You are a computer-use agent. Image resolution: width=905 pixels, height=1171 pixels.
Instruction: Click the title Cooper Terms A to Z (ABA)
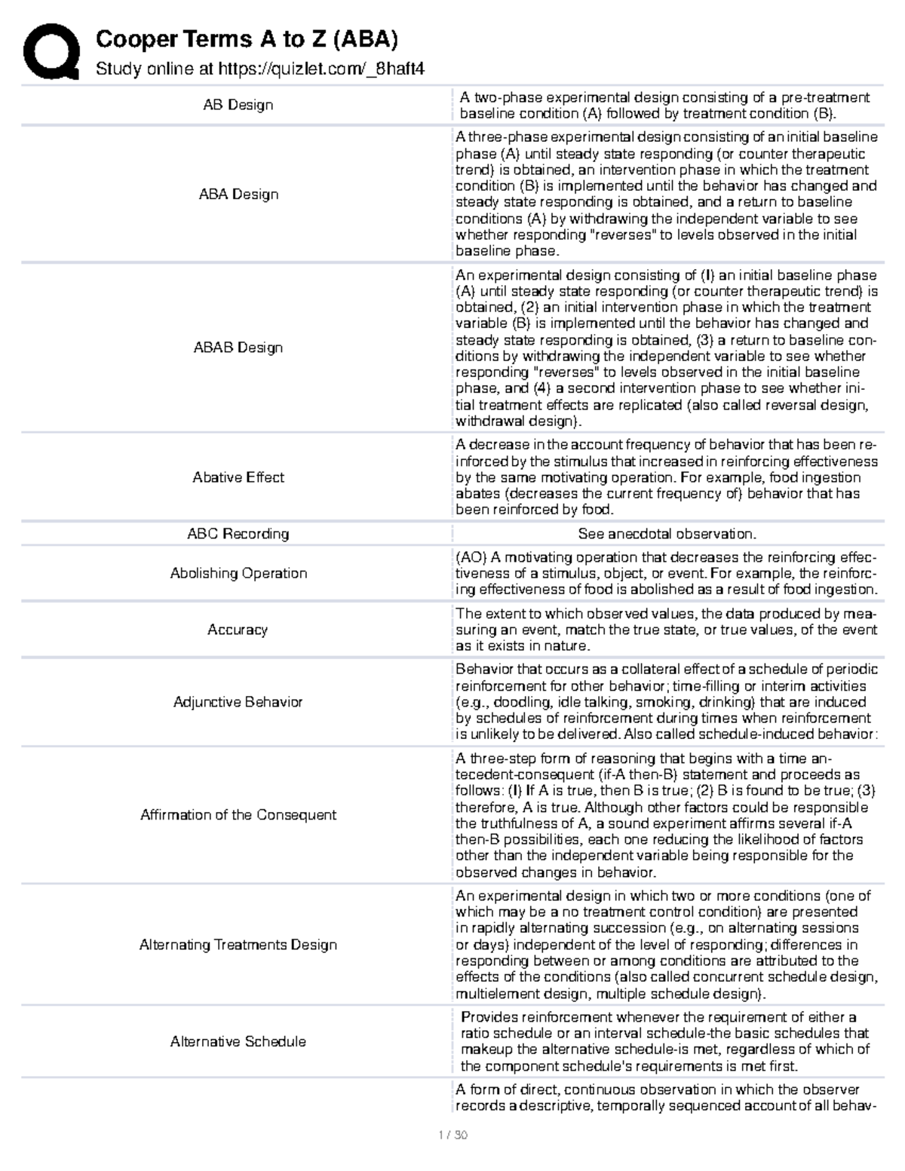coord(247,39)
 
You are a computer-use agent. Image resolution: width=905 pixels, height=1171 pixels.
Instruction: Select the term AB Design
coord(238,105)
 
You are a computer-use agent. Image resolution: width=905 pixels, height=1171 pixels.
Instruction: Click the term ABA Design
coord(238,194)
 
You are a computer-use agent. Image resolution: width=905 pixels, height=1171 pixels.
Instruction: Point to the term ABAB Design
coord(238,348)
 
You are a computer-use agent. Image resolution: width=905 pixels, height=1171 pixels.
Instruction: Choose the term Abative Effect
coord(238,477)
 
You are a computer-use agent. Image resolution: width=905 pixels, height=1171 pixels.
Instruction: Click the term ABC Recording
coord(238,534)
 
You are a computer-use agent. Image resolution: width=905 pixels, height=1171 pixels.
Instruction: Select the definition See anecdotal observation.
coord(667,534)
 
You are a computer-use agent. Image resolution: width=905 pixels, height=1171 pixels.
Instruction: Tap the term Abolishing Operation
coord(238,573)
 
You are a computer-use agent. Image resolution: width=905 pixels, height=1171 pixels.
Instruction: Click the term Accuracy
coord(238,630)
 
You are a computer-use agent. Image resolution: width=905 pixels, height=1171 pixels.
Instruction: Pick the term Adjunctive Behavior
coord(238,702)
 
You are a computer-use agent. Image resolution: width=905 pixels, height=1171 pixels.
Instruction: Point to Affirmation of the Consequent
coord(238,815)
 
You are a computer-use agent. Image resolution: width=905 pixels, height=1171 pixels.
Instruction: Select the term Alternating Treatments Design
coord(238,945)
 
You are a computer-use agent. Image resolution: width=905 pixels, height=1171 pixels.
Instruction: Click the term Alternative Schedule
coord(238,1041)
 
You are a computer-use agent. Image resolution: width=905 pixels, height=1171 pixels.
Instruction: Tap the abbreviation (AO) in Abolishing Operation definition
coord(471,557)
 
